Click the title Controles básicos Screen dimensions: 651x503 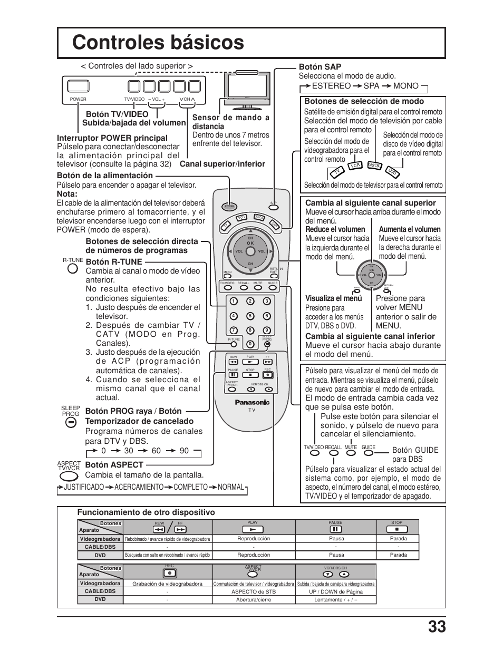click(158, 42)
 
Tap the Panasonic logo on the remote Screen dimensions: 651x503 click(252, 402)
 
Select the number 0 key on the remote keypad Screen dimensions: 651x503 click(250, 344)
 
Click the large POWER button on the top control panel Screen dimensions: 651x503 click(78, 86)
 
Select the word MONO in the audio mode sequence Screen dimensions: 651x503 click(405, 86)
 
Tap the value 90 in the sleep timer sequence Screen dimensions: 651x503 click(184, 451)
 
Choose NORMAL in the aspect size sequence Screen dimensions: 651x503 click(231, 487)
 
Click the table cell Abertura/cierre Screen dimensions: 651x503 click(253, 600)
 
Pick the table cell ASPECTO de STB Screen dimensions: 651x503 click(253, 591)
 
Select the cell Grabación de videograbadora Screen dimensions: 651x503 click(167, 584)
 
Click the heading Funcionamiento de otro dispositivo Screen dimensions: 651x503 click(146, 512)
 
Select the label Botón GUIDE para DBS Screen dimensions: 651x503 click(415, 454)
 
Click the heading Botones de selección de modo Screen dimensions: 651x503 click(364, 101)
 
